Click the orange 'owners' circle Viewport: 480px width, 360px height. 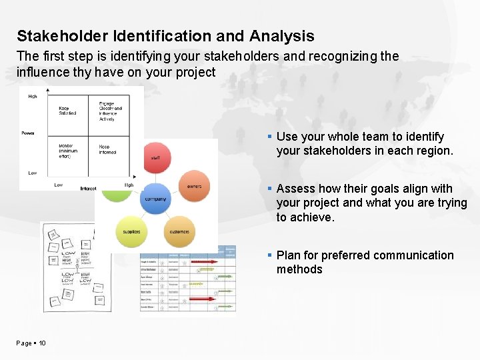coord(194,186)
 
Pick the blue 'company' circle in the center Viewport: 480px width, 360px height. coord(156,198)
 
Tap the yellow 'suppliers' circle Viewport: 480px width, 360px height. coord(132,232)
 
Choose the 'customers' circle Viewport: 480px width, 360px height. coord(179,232)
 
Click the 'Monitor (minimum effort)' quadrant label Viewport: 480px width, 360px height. coord(68,151)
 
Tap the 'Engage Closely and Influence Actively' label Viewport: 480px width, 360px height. coord(110,111)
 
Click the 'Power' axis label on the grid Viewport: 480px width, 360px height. coord(27,133)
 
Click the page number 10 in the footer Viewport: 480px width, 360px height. coord(42,343)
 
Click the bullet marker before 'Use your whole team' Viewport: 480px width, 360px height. coord(270,137)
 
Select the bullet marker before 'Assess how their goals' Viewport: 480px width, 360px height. coord(270,189)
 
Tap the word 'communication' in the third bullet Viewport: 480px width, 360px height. coord(413,255)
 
